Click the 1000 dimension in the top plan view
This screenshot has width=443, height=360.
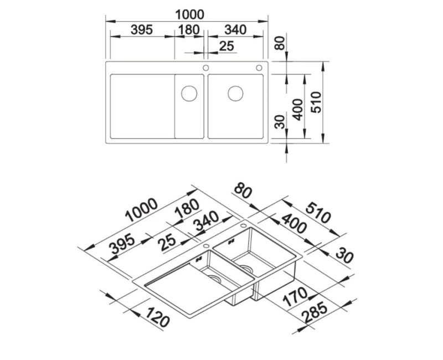pos(189,15)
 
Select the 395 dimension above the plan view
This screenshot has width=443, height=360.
pos(142,30)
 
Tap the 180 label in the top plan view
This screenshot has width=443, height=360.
pos(189,30)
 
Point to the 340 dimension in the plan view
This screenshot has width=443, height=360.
pos(235,30)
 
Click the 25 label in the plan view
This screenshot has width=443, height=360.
pos(227,46)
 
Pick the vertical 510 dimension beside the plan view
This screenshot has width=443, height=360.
pos(316,102)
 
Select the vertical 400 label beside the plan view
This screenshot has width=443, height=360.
pos(297,110)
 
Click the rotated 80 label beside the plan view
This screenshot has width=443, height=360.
pos(280,43)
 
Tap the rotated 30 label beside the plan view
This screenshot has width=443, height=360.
pos(280,122)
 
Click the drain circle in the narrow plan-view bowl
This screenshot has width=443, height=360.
pos(189,94)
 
